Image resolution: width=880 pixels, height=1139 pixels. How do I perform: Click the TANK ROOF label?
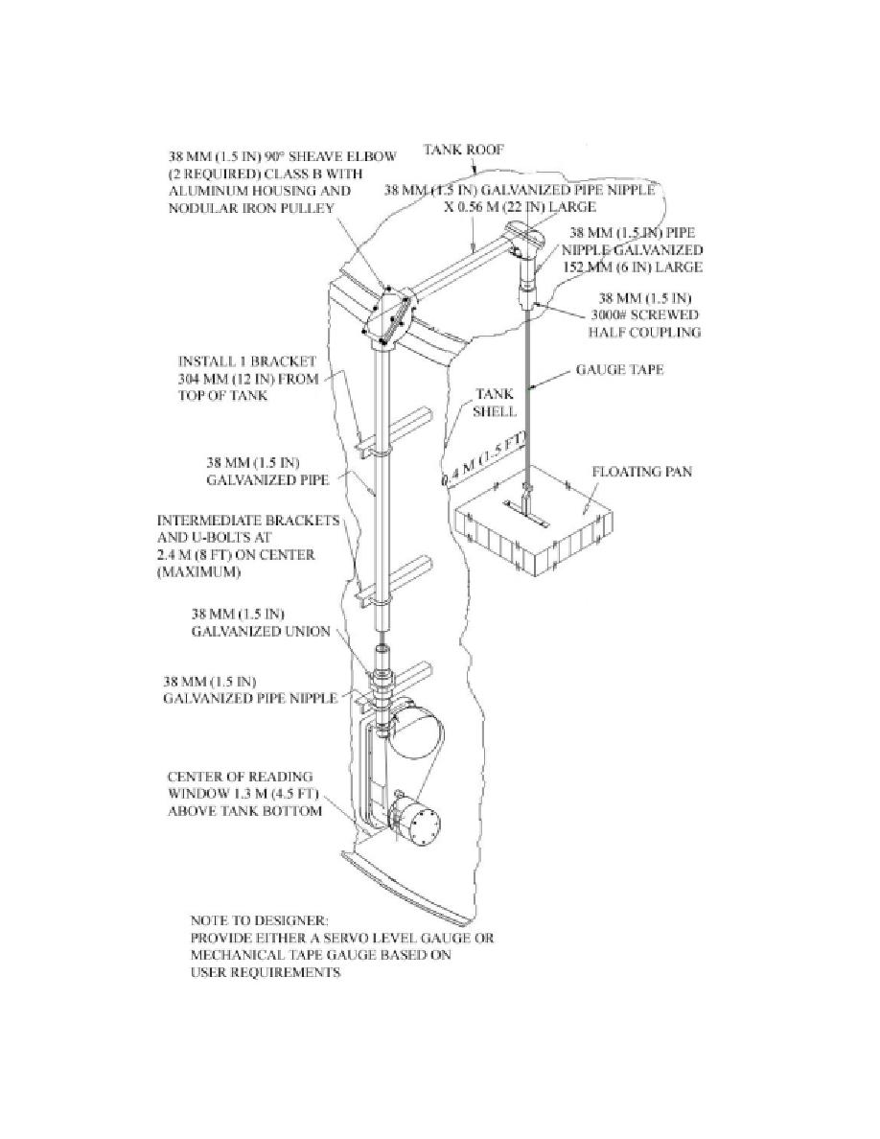(463, 150)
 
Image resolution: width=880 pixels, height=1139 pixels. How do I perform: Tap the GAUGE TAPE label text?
(619, 369)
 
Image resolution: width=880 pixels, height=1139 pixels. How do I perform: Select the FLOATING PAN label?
(642, 472)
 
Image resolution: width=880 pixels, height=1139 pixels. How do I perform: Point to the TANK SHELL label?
(495, 403)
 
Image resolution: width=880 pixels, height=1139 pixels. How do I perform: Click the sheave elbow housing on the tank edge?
(390, 315)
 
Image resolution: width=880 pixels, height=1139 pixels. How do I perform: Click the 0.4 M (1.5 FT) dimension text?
(482, 458)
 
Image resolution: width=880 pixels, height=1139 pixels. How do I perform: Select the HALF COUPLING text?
(645, 332)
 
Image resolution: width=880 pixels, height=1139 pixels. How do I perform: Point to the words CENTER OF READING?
(240, 776)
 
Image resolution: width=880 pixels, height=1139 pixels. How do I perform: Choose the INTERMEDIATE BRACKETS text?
(248, 520)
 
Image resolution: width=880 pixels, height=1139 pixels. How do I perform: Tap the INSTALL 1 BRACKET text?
(247, 360)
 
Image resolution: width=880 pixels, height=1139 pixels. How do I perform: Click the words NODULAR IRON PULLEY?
(251, 208)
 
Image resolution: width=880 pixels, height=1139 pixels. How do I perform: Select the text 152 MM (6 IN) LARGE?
(633, 267)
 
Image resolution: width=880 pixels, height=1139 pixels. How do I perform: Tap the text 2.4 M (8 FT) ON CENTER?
(236, 555)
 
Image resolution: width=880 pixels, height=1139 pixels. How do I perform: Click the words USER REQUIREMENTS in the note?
(265, 972)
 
